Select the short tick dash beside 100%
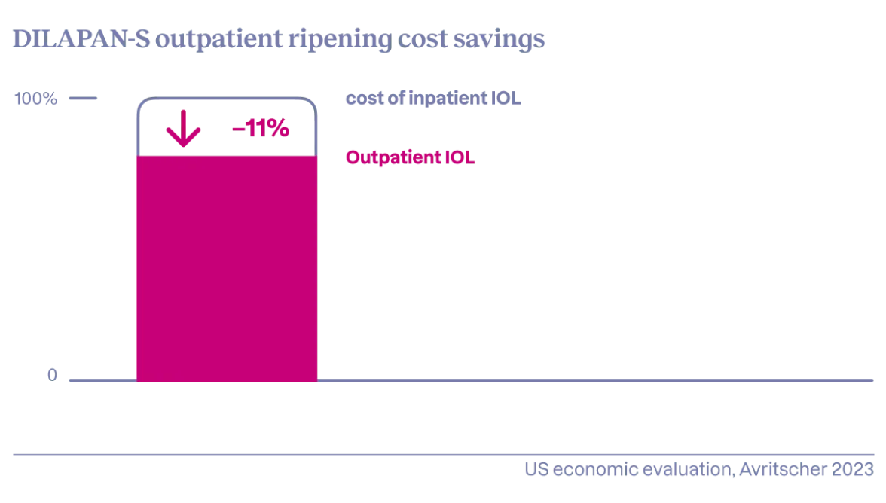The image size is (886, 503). [84, 99]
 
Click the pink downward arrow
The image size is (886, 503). [183, 130]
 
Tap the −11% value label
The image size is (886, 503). [260, 130]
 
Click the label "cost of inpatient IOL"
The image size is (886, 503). [433, 99]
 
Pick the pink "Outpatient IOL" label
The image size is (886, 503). [411, 158]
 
